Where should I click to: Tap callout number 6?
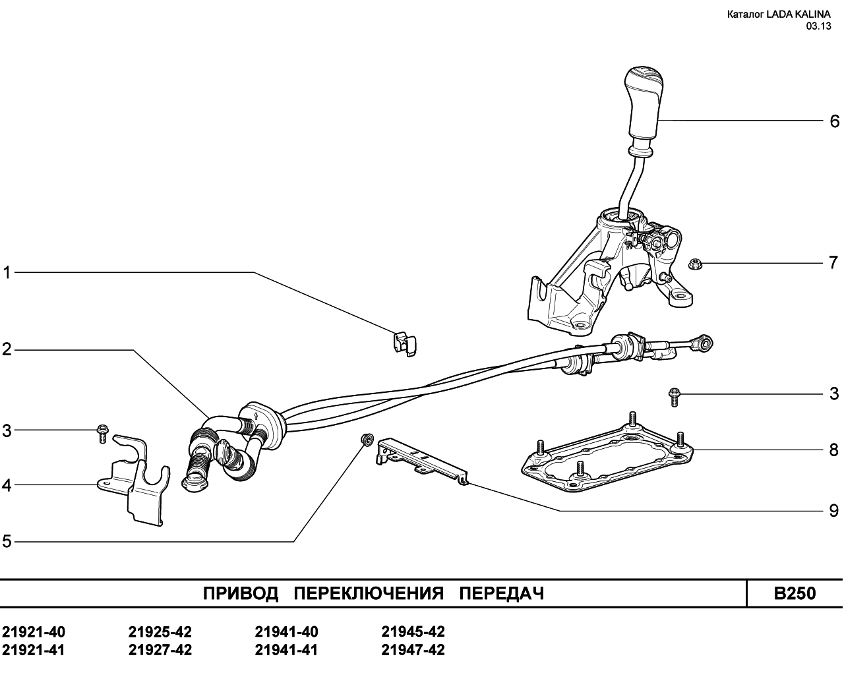click(835, 121)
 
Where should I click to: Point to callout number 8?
click(834, 450)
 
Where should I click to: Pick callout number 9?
click(834, 511)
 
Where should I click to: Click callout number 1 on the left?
click(7, 273)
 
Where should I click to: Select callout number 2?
click(7, 349)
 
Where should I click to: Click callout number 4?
click(7, 485)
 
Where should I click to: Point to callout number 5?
click(7, 542)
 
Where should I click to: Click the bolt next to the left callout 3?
click(102, 433)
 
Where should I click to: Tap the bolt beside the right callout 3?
click(674, 397)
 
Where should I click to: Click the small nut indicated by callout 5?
click(367, 439)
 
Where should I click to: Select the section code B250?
click(795, 593)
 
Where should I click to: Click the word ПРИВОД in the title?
click(241, 594)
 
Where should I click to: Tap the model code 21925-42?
click(160, 632)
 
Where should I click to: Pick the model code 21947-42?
click(413, 650)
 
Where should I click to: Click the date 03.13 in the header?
click(818, 26)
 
